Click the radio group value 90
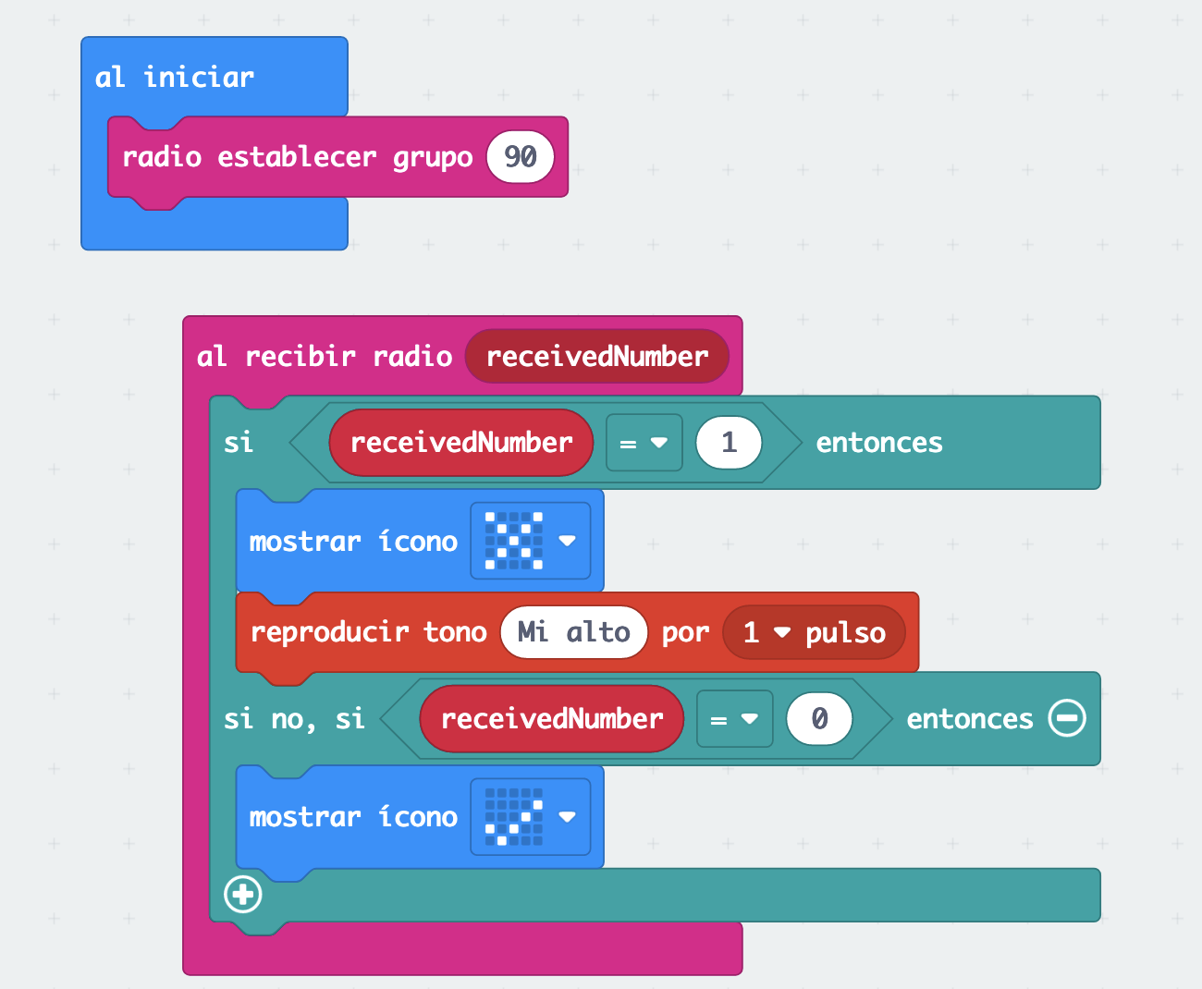[x=520, y=157]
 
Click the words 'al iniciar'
[x=174, y=78]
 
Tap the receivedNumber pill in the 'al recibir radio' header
[x=596, y=357]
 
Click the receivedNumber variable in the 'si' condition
[x=460, y=443]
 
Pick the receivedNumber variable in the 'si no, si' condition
[x=551, y=719]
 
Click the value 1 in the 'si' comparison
[x=729, y=443]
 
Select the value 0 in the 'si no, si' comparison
[x=819, y=719]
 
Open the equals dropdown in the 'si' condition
[x=644, y=443]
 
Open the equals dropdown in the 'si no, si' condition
[x=734, y=719]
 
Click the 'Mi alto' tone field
[x=573, y=632]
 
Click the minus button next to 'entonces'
[x=1067, y=718]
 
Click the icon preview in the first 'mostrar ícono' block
[x=514, y=541]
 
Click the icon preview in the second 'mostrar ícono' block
[x=514, y=817]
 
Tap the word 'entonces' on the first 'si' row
[x=878, y=443]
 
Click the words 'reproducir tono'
[x=368, y=632]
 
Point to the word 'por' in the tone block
[x=685, y=632]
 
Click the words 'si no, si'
[x=294, y=719]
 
